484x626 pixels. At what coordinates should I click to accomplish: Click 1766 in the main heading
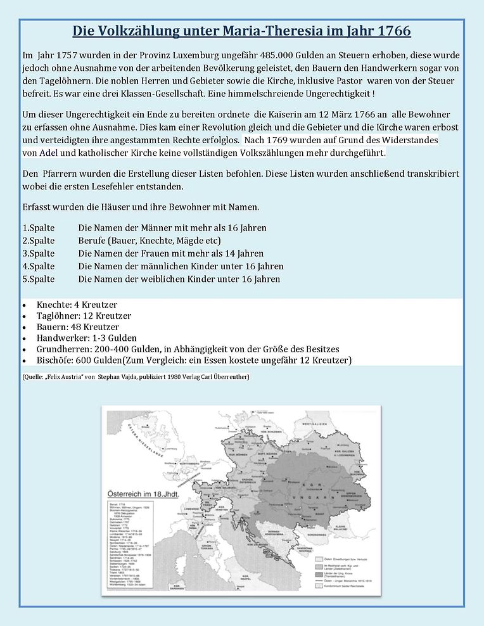click(388, 30)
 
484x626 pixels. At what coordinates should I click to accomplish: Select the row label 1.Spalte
click(39, 227)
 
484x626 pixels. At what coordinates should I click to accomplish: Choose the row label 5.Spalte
click(39, 279)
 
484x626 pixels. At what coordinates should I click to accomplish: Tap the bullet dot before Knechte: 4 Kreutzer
click(24, 305)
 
